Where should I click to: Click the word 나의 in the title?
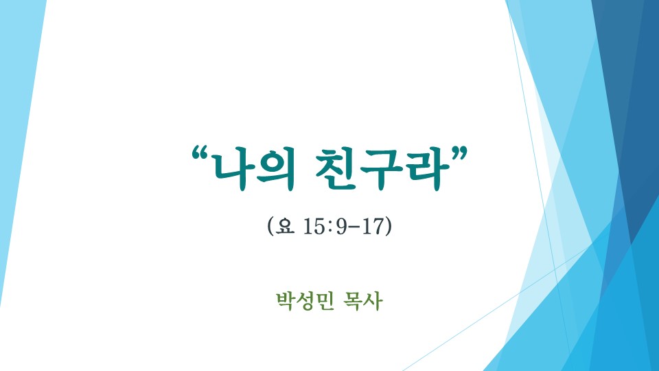[x=255, y=169]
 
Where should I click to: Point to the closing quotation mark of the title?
[x=457, y=154]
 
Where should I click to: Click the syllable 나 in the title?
[x=233, y=169]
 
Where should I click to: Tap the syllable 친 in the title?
[x=336, y=169]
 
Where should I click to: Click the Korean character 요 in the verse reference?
[x=284, y=226]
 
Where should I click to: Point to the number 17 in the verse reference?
[x=373, y=226]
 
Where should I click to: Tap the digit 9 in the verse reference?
[x=342, y=226]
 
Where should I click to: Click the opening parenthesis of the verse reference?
[x=270, y=226]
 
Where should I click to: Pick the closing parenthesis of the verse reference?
[x=388, y=226]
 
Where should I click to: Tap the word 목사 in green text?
[x=363, y=301]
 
